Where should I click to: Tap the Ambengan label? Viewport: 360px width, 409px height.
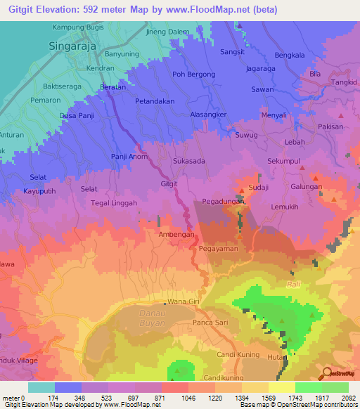(x=176, y=235)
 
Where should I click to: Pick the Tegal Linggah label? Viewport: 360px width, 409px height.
(x=114, y=203)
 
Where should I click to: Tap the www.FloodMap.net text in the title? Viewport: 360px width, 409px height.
(x=215, y=10)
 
